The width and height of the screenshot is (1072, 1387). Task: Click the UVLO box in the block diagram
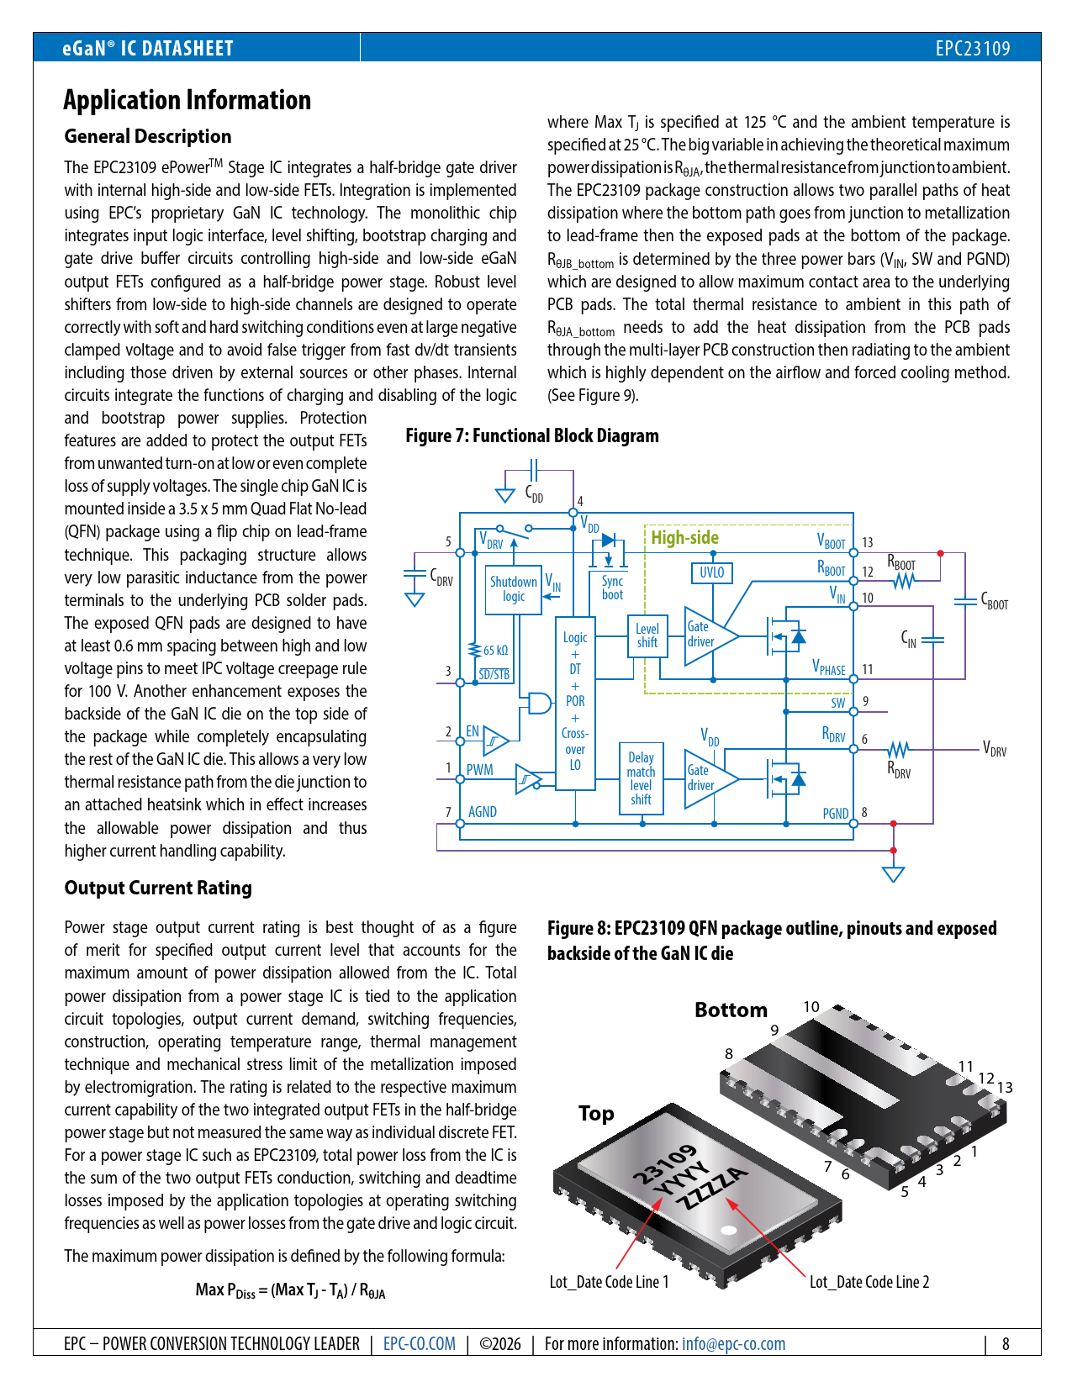[x=711, y=573]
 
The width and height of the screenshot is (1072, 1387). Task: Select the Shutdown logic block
[x=514, y=589]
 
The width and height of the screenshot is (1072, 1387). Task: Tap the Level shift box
[x=647, y=635]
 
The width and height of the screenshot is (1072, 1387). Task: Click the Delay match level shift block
[x=641, y=778]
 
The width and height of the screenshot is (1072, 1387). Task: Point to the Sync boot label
[x=612, y=588]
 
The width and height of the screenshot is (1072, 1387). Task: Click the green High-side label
[x=684, y=538]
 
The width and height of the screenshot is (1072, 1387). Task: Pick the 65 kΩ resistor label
[x=495, y=651]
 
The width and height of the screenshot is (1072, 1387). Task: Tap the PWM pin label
[x=479, y=770]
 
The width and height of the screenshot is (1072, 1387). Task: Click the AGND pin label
[x=482, y=812]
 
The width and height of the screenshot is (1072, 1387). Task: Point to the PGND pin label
[x=835, y=814]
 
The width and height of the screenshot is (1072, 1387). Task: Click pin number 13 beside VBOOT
[x=867, y=543]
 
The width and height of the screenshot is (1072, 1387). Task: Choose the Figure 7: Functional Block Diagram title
[x=532, y=435]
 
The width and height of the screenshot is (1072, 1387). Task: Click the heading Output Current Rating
[x=158, y=889]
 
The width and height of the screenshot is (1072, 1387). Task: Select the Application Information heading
[x=187, y=100]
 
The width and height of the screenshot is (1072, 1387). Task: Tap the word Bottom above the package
[x=731, y=1010]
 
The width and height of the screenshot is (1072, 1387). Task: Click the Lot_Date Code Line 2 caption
[x=869, y=1282]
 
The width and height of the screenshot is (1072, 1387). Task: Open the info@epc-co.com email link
[x=733, y=1344]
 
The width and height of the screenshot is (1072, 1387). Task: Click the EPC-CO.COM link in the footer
[x=419, y=1344]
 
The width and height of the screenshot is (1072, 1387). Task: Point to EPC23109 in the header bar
[x=972, y=49]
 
